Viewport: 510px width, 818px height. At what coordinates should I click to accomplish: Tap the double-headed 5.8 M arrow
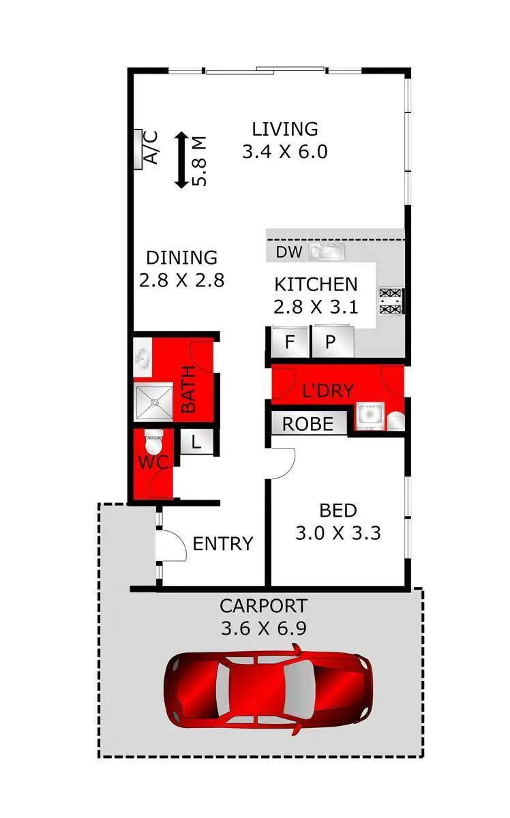click(x=181, y=161)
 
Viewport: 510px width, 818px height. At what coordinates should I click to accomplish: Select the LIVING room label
click(x=285, y=129)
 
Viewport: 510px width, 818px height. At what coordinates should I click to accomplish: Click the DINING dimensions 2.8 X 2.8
click(x=181, y=280)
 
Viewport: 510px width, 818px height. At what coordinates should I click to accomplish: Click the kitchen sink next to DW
click(x=327, y=252)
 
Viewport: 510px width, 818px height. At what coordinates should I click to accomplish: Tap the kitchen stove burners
click(x=391, y=301)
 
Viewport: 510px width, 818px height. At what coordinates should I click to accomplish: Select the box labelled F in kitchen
click(x=290, y=342)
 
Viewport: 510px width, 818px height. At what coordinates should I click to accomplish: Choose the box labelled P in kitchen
click(x=331, y=342)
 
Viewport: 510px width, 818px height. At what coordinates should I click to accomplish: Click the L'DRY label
click(x=328, y=391)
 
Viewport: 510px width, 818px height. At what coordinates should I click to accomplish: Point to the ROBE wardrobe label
click(x=308, y=424)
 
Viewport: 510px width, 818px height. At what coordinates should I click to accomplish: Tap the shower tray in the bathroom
click(x=155, y=402)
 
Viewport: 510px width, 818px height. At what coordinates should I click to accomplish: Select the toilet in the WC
click(x=154, y=444)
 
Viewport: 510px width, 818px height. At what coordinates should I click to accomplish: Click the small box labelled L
click(x=196, y=441)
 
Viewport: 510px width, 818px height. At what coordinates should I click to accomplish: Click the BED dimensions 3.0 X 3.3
click(x=337, y=532)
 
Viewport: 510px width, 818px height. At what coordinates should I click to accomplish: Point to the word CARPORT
click(x=263, y=605)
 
